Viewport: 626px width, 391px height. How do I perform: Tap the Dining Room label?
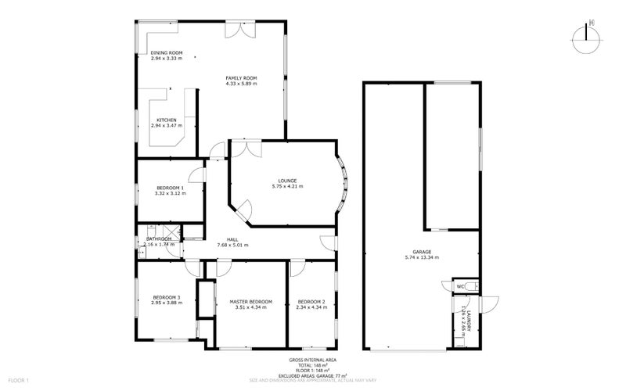coord(166,52)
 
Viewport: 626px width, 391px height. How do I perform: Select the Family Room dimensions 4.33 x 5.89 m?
coord(241,84)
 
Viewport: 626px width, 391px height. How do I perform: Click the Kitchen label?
coord(166,120)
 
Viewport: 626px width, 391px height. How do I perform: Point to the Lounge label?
coord(284,181)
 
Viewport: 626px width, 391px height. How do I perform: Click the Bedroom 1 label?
coord(169,188)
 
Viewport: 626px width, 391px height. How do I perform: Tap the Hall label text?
coord(232,239)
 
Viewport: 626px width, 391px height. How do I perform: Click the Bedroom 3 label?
coord(166,297)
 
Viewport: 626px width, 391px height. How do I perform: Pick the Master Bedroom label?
coord(250,301)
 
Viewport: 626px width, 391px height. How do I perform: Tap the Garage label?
coord(422,251)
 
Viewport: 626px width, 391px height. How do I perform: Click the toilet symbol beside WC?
coord(469,285)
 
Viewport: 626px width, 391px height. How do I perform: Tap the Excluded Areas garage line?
coord(312,375)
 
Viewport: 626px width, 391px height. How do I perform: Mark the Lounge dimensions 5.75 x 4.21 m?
coord(284,186)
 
